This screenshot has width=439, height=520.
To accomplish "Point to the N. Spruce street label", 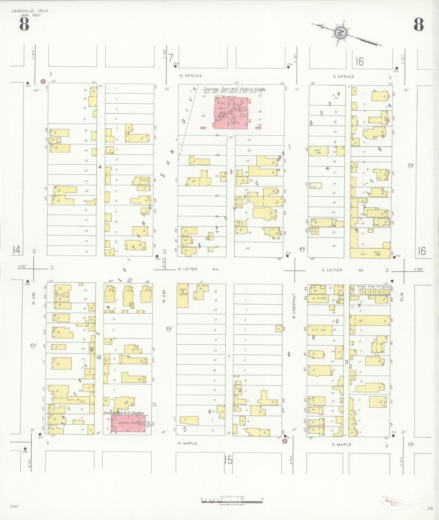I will [191, 76].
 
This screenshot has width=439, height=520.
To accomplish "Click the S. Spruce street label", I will [344, 77].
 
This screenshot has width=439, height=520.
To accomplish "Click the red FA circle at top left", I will [42, 81].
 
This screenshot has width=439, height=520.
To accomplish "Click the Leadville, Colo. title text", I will [30, 11].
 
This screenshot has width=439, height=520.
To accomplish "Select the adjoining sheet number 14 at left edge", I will [16, 250].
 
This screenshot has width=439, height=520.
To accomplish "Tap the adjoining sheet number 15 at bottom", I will [228, 460].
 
